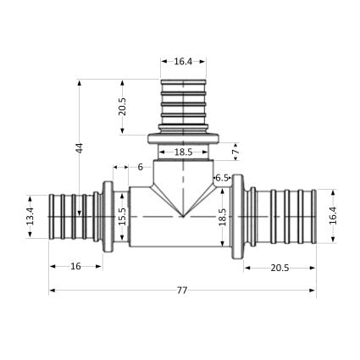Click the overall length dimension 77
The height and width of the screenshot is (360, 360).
[x=182, y=291]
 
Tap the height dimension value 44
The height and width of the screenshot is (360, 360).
[x=80, y=148]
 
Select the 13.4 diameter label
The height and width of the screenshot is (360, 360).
[x=30, y=216]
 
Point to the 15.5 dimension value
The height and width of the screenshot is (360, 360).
[x=122, y=216]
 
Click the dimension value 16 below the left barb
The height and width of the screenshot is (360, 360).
[x=75, y=266]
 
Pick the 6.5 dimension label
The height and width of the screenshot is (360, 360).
[x=222, y=178]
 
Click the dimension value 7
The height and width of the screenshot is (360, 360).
[x=235, y=152]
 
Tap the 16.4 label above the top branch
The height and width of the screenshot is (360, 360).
[x=183, y=62]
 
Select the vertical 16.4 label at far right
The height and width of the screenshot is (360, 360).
[x=333, y=216]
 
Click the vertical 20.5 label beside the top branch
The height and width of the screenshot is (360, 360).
[x=122, y=107]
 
